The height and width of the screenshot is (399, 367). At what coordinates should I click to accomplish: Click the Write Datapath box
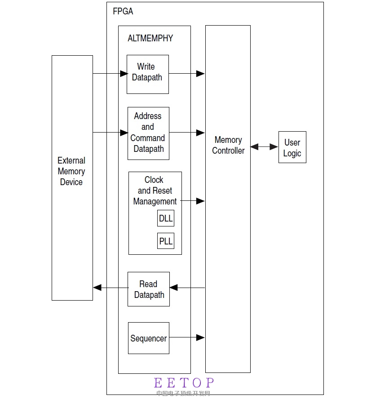[x=147, y=74]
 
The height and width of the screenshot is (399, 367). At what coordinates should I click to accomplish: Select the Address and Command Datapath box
[x=148, y=133]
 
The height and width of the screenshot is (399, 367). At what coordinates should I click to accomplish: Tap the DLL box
[x=166, y=219]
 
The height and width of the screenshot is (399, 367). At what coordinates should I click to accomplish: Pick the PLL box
[x=166, y=241]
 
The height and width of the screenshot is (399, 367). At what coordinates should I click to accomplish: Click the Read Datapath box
[x=148, y=289]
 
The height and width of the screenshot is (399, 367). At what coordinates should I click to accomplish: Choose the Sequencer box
[x=148, y=338]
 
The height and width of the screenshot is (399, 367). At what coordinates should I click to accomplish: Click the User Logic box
[x=292, y=147]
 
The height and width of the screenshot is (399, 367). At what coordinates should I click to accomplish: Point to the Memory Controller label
[x=228, y=145]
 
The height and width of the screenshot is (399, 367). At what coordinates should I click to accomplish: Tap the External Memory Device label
[x=71, y=171]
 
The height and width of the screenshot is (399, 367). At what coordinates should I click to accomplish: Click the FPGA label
[x=123, y=11]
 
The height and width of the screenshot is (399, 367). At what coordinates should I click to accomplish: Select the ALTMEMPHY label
[x=150, y=38]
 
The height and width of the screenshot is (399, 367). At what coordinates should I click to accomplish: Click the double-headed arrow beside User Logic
[x=264, y=147]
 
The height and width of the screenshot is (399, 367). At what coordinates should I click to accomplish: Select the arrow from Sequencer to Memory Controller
[x=187, y=337]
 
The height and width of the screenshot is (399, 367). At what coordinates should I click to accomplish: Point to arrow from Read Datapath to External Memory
[x=110, y=288]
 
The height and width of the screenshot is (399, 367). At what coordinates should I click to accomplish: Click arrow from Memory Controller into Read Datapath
[x=187, y=288]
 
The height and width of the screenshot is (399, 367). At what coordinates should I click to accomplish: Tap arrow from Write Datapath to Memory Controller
[x=187, y=73]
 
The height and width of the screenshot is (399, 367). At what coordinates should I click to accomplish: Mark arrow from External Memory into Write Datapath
[x=110, y=73]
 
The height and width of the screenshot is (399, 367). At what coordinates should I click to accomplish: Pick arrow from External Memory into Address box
[x=110, y=133]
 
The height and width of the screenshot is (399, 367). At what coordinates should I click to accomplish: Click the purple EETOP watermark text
[x=184, y=383]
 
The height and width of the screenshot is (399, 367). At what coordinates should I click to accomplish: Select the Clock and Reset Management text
[x=155, y=191]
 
